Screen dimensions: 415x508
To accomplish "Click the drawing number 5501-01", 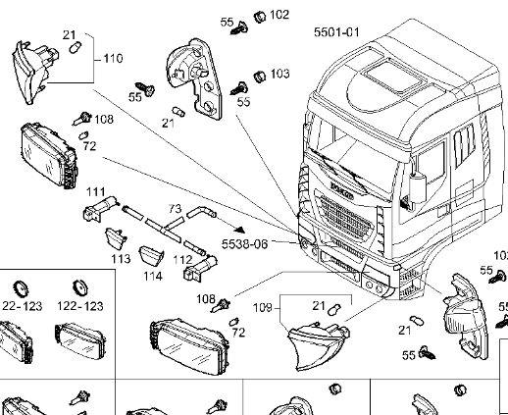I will (336, 32).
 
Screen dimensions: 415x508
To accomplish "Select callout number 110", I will (114, 58).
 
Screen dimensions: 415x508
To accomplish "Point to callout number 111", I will (96, 190).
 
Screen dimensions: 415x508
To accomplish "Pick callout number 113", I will (121, 259).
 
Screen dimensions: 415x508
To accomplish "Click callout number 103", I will (279, 74).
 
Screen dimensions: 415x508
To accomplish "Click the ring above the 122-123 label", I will (81, 287).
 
